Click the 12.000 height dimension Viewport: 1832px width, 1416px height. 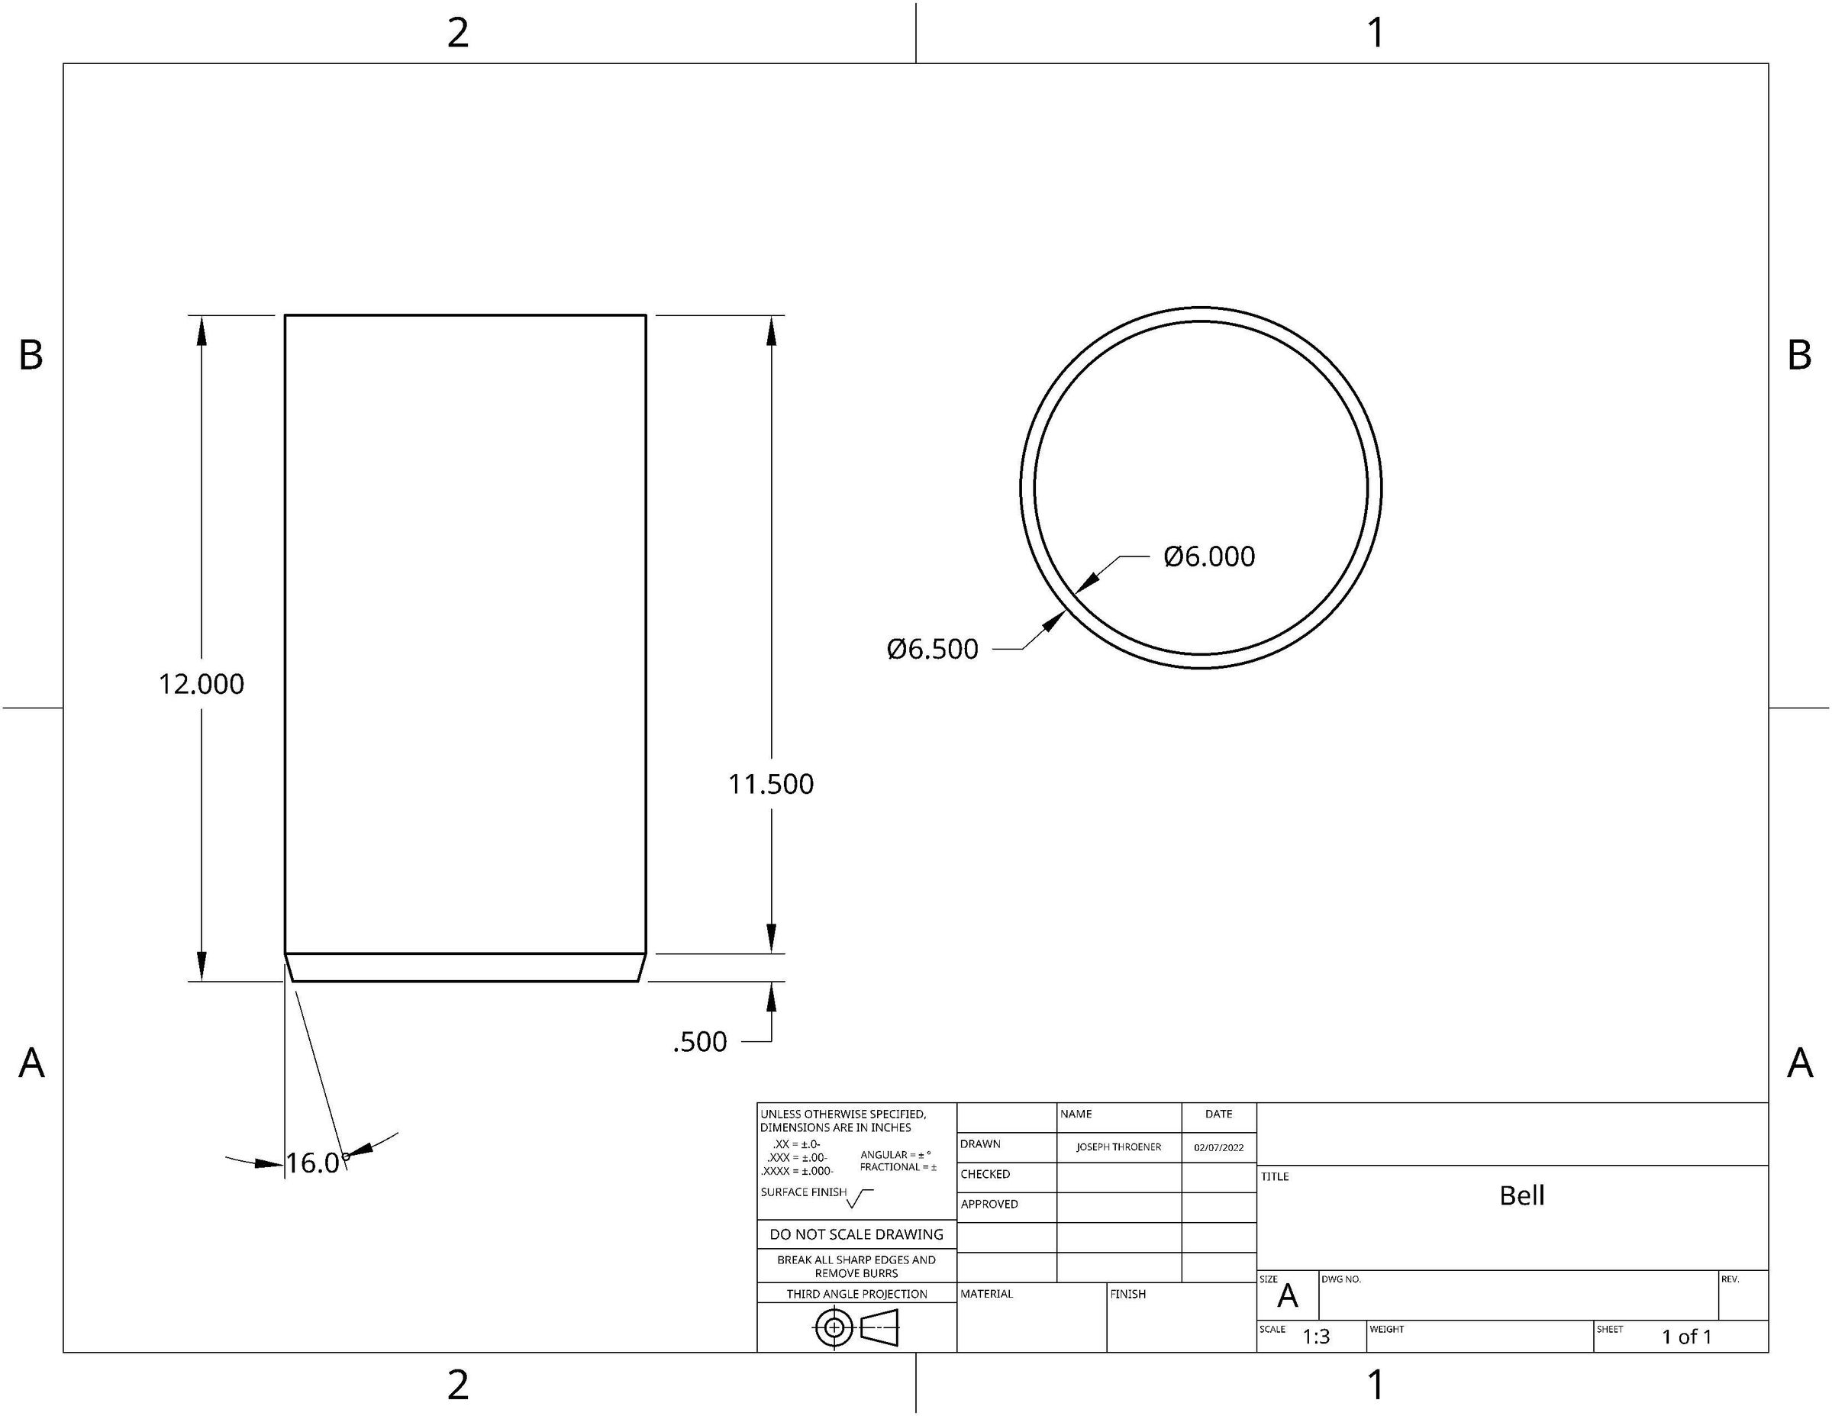[x=202, y=685]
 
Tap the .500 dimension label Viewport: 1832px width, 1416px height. [x=699, y=1042]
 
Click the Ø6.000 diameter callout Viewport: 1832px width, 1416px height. [x=1209, y=557]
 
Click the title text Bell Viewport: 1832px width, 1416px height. [x=1521, y=1195]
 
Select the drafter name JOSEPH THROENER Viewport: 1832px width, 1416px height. [x=1119, y=1147]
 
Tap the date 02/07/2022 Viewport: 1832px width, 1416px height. [x=1219, y=1147]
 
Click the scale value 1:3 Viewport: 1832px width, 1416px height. [x=1316, y=1337]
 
